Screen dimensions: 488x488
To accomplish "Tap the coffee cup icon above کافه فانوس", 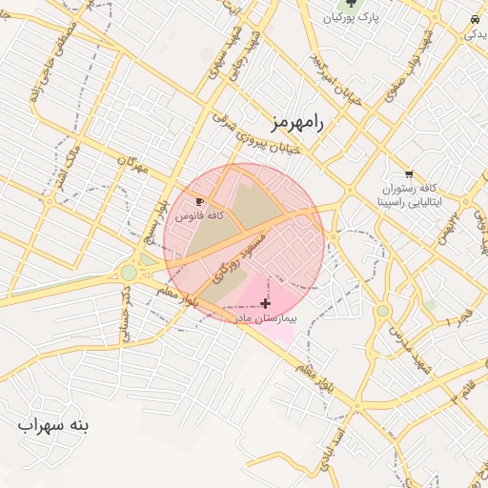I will [199, 202].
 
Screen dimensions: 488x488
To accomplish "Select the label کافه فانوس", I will [199, 216].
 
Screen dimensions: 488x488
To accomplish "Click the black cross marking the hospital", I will [264, 303].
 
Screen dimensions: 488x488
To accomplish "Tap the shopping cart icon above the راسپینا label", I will [409, 173].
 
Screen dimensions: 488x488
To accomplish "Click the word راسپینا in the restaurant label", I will [395, 203].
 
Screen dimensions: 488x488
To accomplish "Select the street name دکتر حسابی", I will [125, 313].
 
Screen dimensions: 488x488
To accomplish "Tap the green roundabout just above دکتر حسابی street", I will [129, 274].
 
